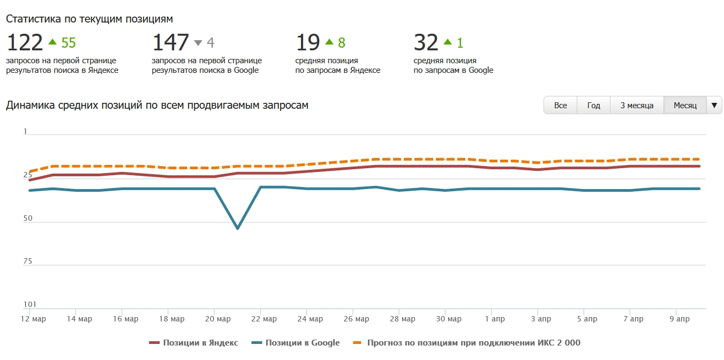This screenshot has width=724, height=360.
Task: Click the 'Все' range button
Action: click(x=560, y=106)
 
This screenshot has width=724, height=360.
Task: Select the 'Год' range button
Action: click(x=593, y=106)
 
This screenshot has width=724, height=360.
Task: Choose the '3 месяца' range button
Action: click(x=637, y=106)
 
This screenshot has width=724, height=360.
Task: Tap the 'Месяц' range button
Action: click(x=685, y=106)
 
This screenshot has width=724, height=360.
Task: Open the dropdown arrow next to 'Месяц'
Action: click(x=714, y=106)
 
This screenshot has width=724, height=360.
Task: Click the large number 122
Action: click(x=25, y=42)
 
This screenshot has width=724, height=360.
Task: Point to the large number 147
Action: click(x=171, y=42)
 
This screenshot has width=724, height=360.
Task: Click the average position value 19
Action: click(x=308, y=42)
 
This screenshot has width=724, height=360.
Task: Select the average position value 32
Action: click(x=426, y=42)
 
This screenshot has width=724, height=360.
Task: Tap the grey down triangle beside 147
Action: click(x=198, y=43)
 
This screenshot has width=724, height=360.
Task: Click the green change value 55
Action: click(x=69, y=43)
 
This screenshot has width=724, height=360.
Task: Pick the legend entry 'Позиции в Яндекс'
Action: click(x=193, y=343)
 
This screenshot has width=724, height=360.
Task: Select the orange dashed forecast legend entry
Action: click(x=466, y=343)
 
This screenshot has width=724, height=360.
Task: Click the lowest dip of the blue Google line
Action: click(x=237, y=228)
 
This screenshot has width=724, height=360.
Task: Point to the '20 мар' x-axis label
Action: click(x=214, y=319)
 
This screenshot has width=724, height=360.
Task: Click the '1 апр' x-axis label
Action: click(x=491, y=319)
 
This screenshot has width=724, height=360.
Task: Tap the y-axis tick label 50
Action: click(x=29, y=219)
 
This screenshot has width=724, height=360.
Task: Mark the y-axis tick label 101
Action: click(x=29, y=305)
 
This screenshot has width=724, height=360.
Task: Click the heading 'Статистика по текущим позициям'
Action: click(x=89, y=19)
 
